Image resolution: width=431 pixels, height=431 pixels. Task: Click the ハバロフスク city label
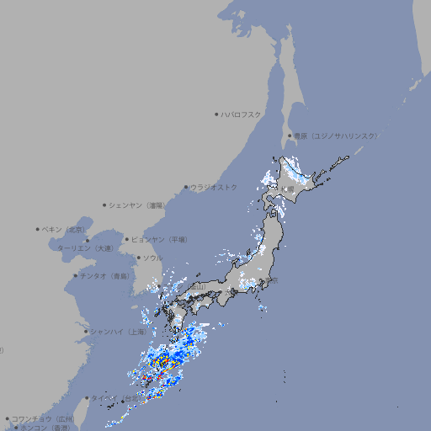(x=242, y=114)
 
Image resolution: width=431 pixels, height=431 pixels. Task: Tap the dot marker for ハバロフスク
(x=216, y=114)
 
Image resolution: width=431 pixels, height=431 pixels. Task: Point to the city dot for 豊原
(x=290, y=136)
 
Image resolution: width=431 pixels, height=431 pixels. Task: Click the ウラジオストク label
(x=215, y=187)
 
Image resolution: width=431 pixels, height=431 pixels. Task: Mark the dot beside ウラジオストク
(x=186, y=187)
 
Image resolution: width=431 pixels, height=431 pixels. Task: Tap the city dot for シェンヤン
(x=104, y=205)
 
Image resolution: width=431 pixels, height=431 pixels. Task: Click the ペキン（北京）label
(x=64, y=229)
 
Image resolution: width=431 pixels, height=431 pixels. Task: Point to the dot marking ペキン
(x=38, y=229)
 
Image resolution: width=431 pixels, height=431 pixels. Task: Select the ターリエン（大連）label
(x=84, y=248)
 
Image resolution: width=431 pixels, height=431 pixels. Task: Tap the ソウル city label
(x=152, y=258)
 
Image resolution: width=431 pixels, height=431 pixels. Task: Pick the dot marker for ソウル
(x=137, y=258)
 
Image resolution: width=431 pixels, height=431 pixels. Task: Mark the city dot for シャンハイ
(x=85, y=332)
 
